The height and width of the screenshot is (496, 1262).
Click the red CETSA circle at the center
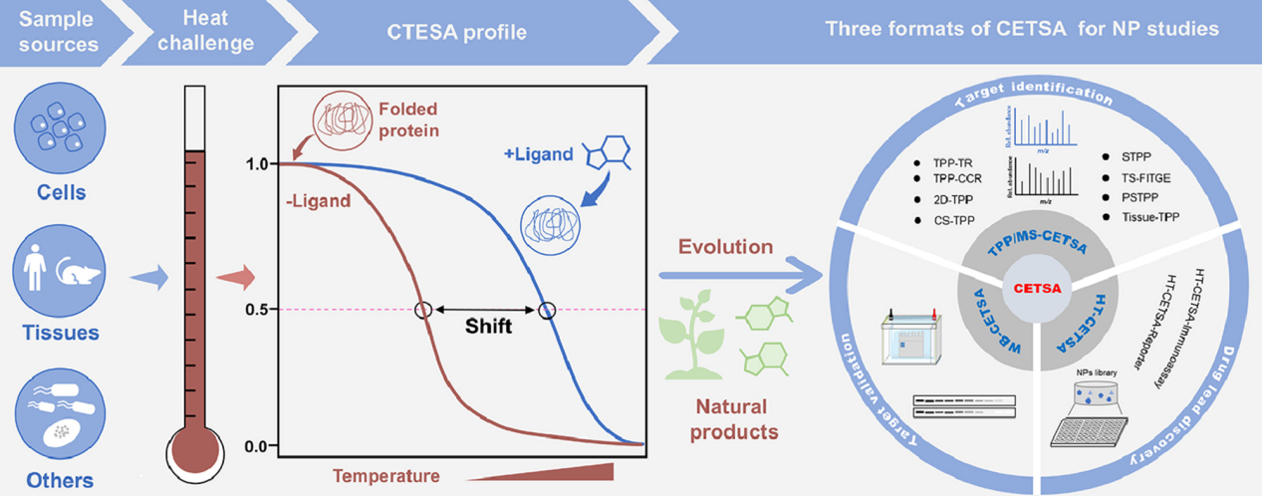click(x=1035, y=289)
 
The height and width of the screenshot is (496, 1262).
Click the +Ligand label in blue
click(x=538, y=154)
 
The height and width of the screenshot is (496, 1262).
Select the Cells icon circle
click(x=56, y=131)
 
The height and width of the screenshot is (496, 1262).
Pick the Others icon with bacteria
click(x=56, y=415)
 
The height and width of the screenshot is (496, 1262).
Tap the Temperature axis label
click(x=386, y=476)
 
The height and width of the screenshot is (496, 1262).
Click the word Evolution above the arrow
click(x=725, y=245)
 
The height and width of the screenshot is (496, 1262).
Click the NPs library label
click(x=1096, y=374)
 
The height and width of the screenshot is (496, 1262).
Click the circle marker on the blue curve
click(x=547, y=310)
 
